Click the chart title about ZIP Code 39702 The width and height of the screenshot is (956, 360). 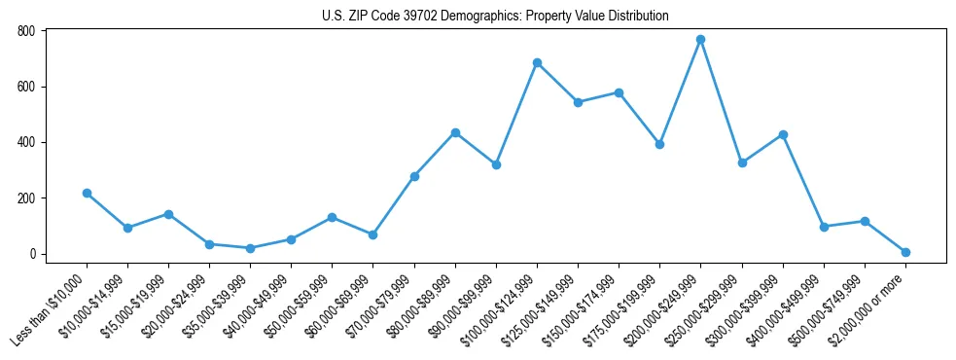pos(495,17)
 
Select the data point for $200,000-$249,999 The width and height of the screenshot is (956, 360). pos(700,40)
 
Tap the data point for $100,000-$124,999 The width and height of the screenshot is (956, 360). pos(537,63)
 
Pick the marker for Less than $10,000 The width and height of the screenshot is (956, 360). pos(87,194)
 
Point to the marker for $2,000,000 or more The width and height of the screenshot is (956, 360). pos(905,252)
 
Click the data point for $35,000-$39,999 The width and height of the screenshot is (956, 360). pos(250,248)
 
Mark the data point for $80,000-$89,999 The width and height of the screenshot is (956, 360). pos(455,132)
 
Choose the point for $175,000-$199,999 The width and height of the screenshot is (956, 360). pos(659,144)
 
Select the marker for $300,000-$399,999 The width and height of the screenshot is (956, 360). pos(783,135)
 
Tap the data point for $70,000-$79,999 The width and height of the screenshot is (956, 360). pos(414,176)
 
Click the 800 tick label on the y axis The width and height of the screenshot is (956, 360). pos(26,31)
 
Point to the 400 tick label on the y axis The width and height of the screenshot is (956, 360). pos(26,142)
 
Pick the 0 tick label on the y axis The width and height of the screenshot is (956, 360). pos(32,254)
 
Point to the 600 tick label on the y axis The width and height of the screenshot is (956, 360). pos(26,87)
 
